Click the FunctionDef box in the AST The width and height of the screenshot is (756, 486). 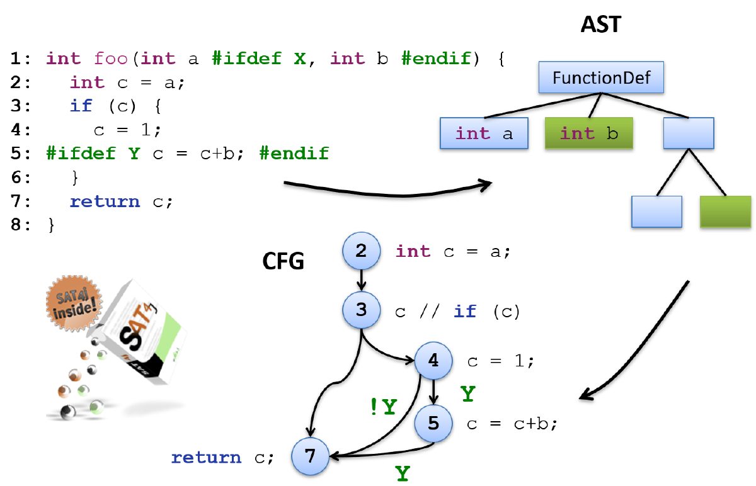601,78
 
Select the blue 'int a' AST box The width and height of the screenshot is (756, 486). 484,133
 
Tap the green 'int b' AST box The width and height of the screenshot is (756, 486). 588,133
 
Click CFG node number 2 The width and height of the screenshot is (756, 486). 361,251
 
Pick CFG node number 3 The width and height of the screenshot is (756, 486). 361,310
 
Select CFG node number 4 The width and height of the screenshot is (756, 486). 433,361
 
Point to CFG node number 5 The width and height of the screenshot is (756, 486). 433,423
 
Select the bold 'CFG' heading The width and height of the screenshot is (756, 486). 283,261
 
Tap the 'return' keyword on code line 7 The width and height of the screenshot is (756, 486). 105,201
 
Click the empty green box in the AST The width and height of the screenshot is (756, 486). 725,212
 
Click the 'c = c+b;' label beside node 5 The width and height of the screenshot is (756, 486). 512,424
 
